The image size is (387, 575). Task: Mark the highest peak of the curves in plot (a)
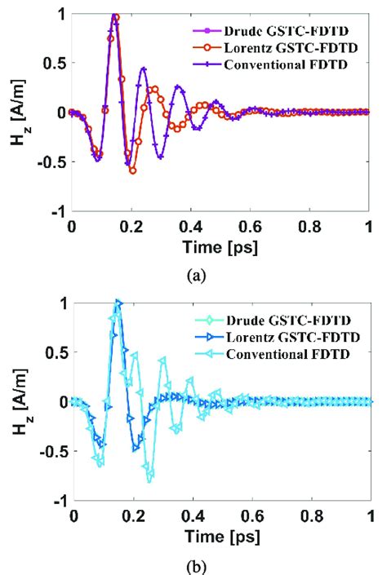pos(115,15)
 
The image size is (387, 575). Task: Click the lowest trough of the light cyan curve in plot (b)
pos(149,480)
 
